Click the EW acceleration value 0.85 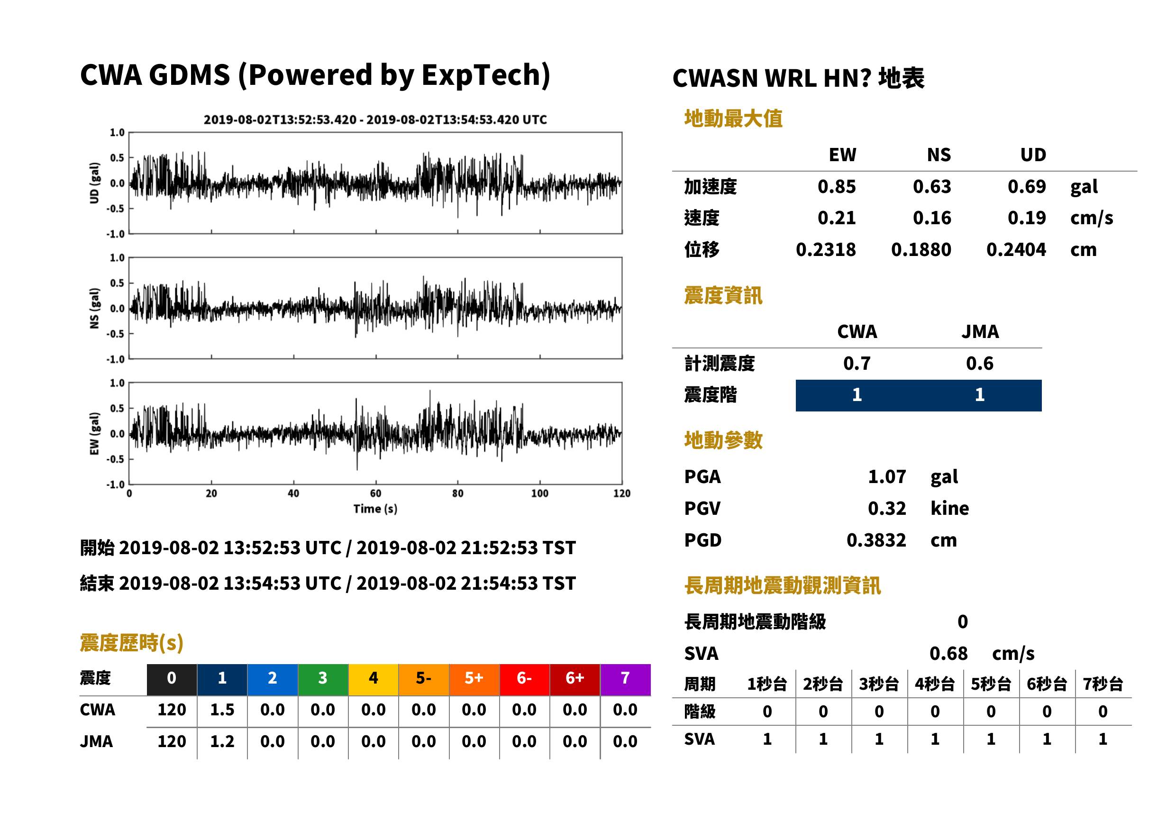(x=836, y=186)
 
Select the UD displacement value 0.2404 (x=1016, y=249)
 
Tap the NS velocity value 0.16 (x=931, y=218)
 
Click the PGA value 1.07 (x=886, y=476)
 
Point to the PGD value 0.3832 (x=876, y=540)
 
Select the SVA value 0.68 (x=948, y=653)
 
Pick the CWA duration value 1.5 (x=222, y=710)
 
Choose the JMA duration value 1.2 (x=222, y=741)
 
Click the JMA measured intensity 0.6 (x=979, y=363)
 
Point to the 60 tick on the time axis (x=375, y=493)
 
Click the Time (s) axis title (x=375, y=509)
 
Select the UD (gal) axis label (x=94, y=183)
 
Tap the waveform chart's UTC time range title (x=375, y=119)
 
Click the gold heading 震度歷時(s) (x=131, y=643)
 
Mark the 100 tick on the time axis (x=540, y=493)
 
